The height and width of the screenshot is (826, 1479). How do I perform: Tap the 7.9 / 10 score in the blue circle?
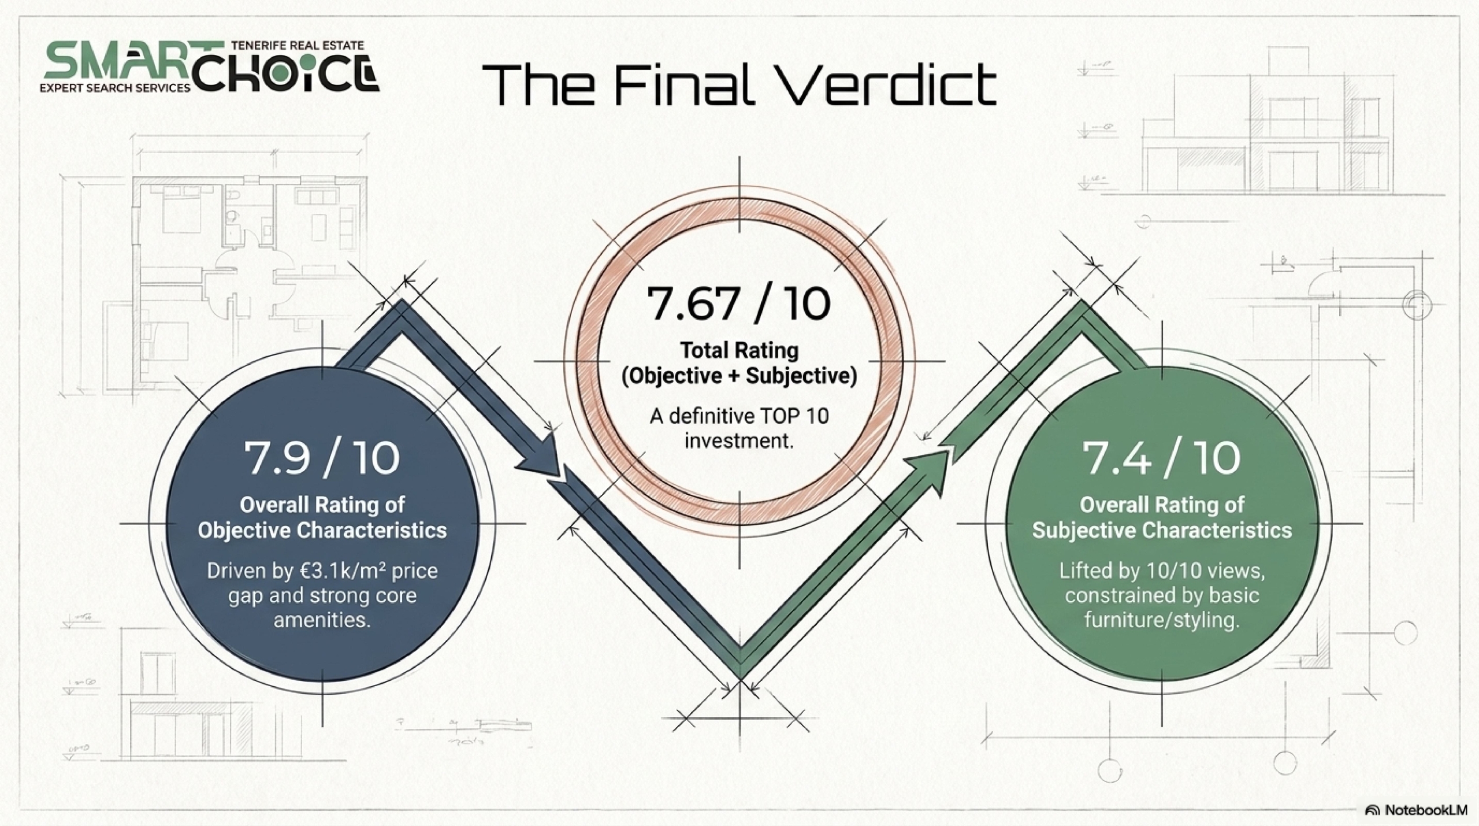coord(322,458)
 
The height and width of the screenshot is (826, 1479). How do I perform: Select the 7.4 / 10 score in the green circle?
coord(1161,458)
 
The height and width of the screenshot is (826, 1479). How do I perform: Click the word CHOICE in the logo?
coord(287,73)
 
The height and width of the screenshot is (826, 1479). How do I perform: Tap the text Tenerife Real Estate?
coord(298,45)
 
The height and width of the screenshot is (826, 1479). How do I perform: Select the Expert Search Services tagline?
coord(114,88)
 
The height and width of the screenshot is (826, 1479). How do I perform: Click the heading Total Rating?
coord(739,350)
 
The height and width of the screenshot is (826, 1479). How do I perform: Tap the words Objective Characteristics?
coord(322,530)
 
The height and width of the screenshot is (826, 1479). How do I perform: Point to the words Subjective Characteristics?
coord(1162,530)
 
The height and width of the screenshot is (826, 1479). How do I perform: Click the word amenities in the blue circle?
coord(322,620)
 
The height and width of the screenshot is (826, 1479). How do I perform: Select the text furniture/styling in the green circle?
coord(1162,620)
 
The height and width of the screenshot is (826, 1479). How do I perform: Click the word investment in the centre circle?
coord(739,441)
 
